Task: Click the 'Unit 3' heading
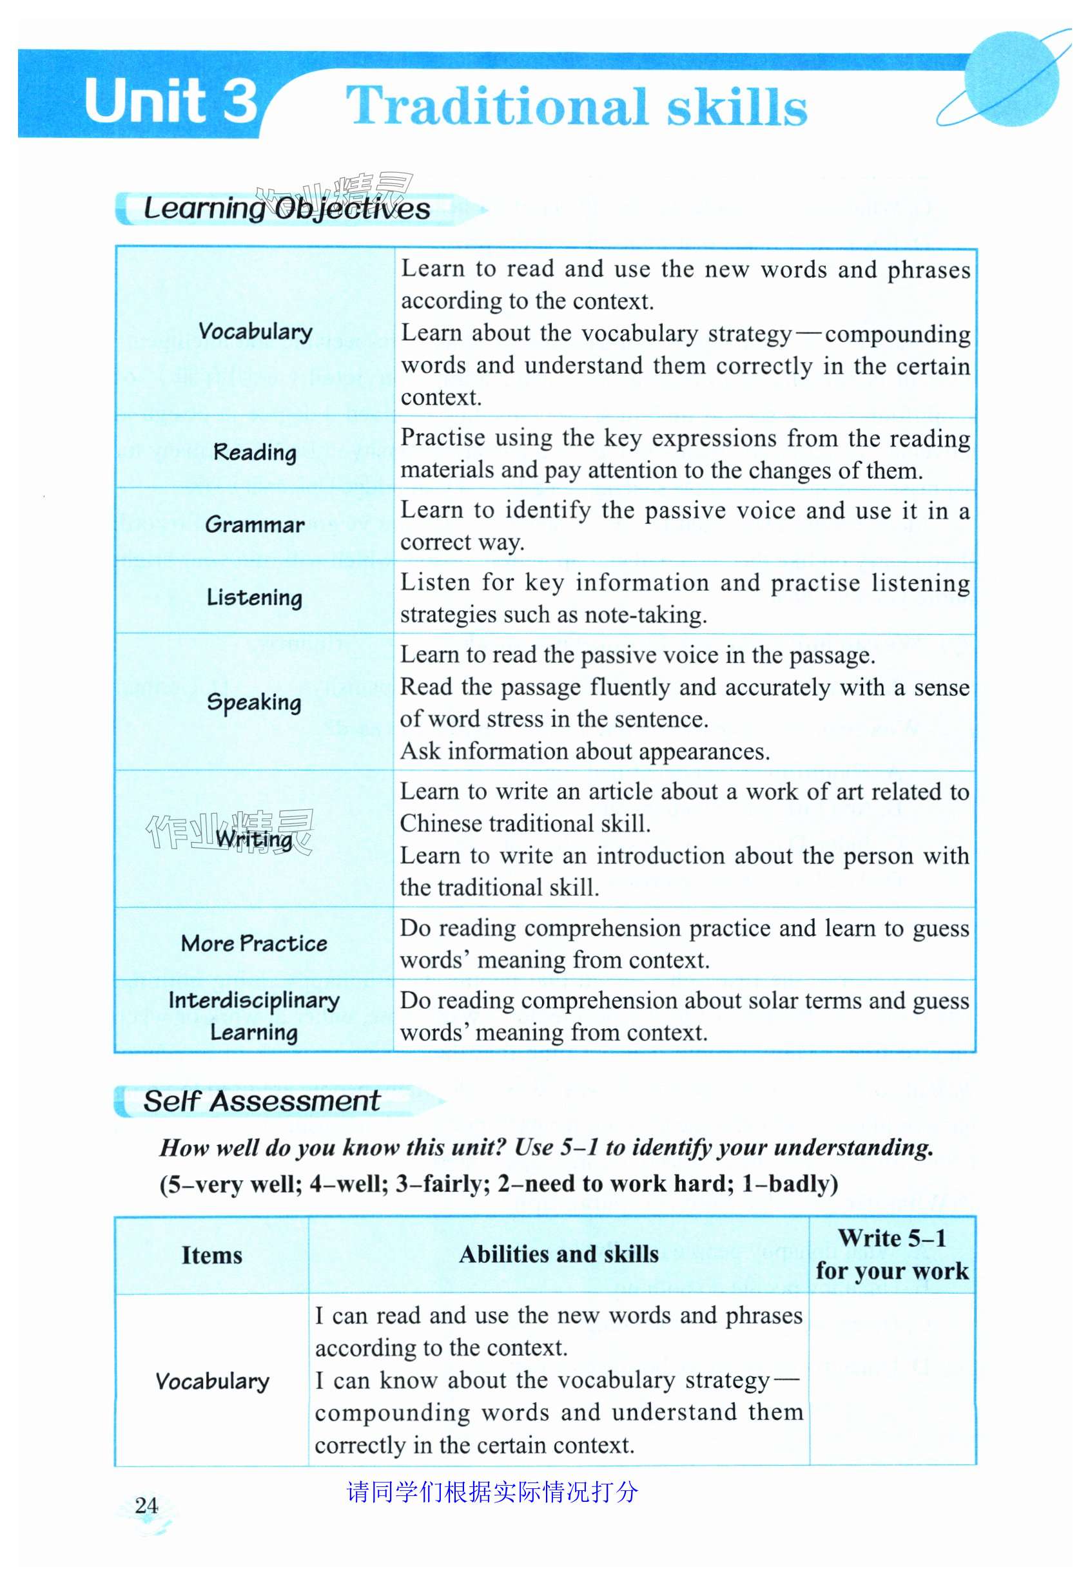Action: click(171, 101)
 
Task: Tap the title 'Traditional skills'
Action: click(576, 106)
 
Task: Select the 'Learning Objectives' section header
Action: click(287, 208)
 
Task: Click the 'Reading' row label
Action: click(255, 452)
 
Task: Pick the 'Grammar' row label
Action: click(255, 524)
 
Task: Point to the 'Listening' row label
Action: click(255, 597)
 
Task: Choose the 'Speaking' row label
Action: click(254, 702)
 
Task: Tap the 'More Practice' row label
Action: click(254, 943)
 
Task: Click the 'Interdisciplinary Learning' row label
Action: click(254, 1016)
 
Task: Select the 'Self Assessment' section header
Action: click(262, 1101)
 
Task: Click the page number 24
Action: click(147, 1505)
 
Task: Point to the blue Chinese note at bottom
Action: click(492, 1492)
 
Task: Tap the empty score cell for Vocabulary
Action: click(892, 1379)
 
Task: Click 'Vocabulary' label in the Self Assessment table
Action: click(213, 1381)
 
